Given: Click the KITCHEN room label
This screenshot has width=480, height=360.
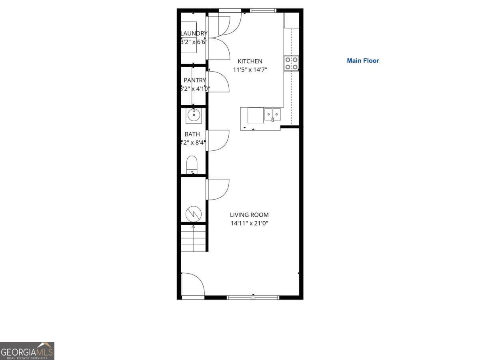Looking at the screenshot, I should pyautogui.click(x=250, y=61).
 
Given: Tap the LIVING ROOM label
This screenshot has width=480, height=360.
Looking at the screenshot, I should pyautogui.click(x=249, y=215).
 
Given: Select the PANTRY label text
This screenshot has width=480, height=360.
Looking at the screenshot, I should pyautogui.click(x=195, y=80).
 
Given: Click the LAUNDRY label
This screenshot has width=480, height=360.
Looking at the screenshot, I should pyautogui.click(x=194, y=33).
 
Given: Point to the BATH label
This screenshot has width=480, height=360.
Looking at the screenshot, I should pyautogui.click(x=192, y=134).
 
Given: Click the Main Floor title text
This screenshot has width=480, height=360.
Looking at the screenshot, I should pyautogui.click(x=363, y=61).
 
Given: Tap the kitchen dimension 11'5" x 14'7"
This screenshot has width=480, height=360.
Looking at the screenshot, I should pyautogui.click(x=250, y=70).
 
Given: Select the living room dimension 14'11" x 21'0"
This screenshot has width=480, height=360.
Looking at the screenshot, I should pyautogui.click(x=249, y=223).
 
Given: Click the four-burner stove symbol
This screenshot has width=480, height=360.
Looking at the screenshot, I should pyautogui.click(x=291, y=63).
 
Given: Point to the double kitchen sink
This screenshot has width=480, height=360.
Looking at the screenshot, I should pyautogui.click(x=272, y=114).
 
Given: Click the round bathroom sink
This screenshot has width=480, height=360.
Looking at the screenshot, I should pyautogui.click(x=194, y=116).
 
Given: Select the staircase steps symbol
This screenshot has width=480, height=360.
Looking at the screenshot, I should pyautogui.click(x=194, y=238).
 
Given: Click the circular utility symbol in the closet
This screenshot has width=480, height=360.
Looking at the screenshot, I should pyautogui.click(x=194, y=214).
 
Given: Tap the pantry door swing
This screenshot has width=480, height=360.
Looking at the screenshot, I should pyautogui.click(x=218, y=82).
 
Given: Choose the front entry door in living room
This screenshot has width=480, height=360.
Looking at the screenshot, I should pyautogui.click(x=192, y=285).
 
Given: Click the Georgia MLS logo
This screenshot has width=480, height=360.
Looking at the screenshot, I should pyautogui.click(x=27, y=351).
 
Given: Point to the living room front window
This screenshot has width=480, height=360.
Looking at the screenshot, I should pyautogui.click(x=253, y=297).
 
